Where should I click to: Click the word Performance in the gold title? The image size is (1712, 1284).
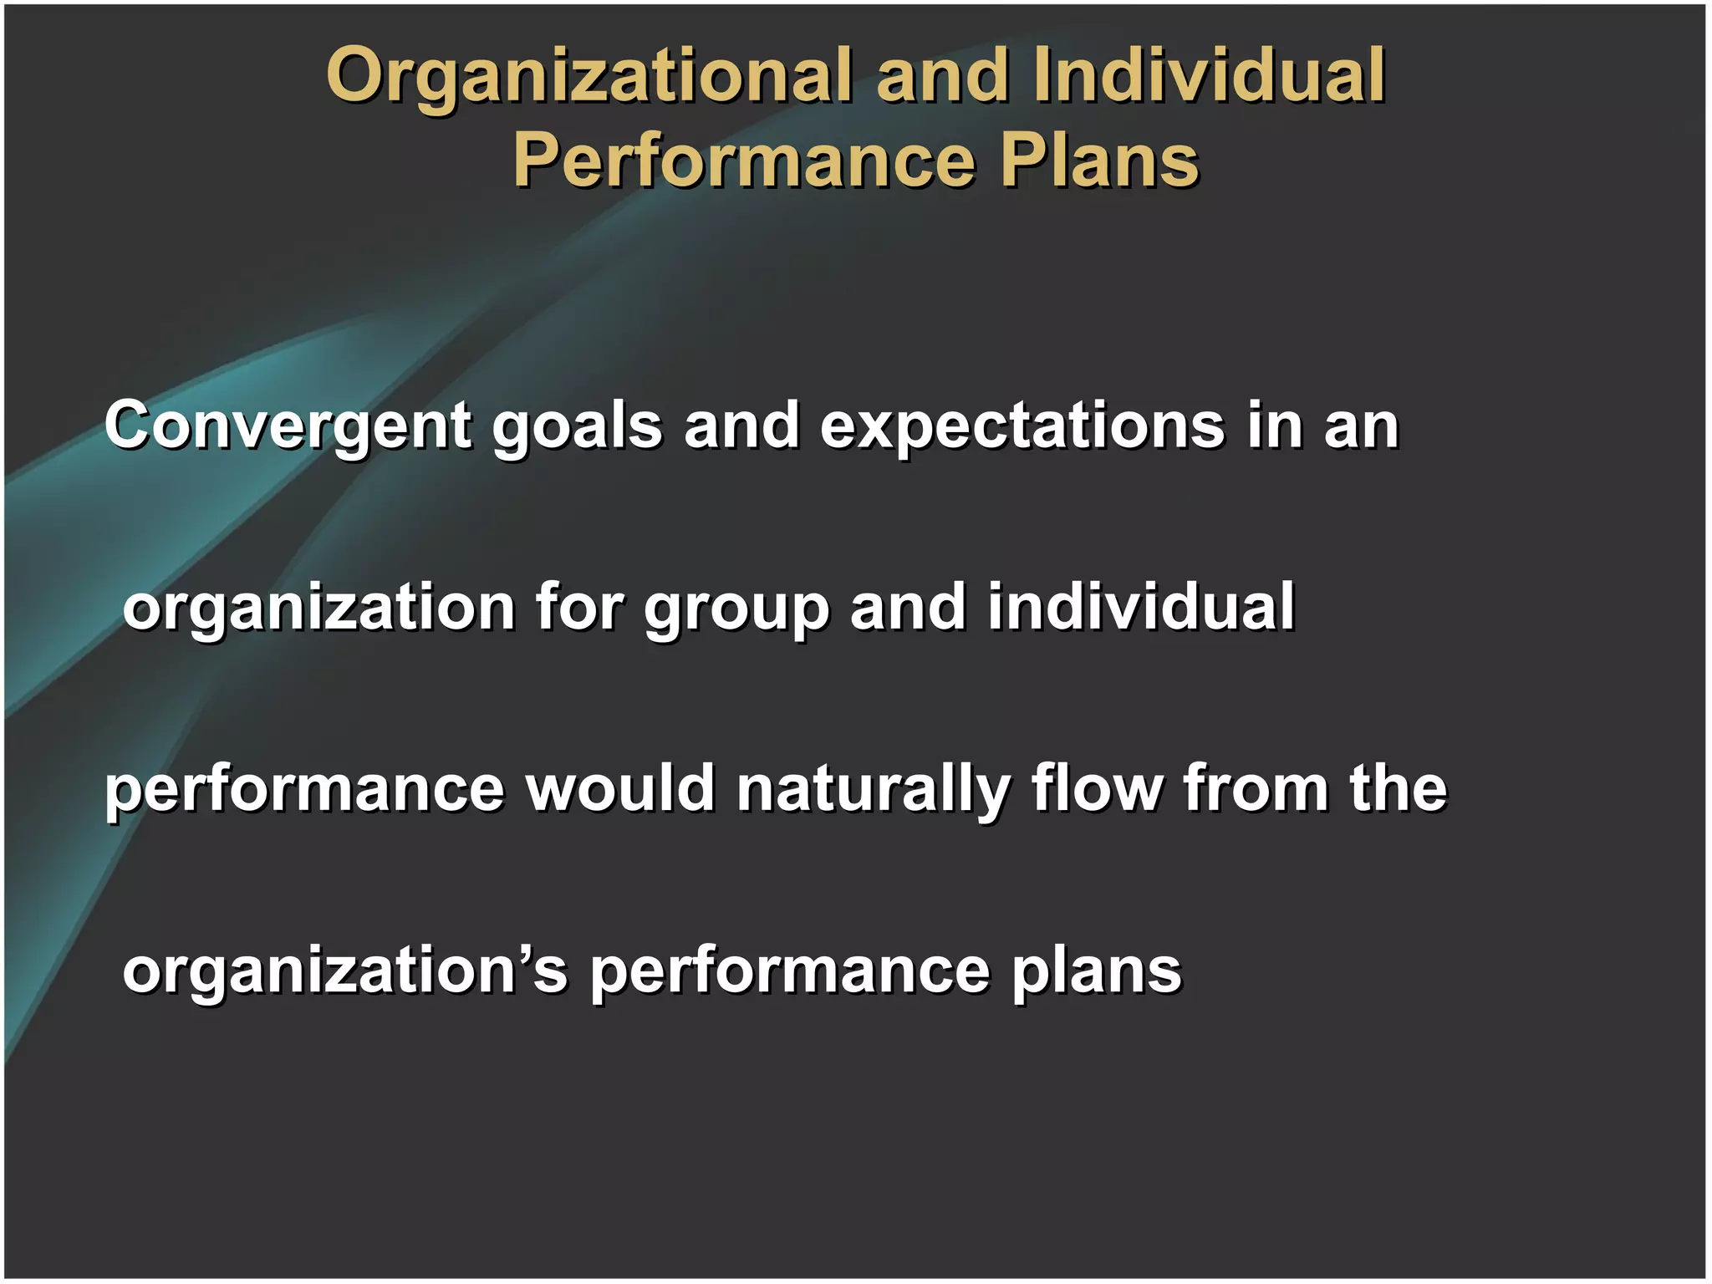click(744, 160)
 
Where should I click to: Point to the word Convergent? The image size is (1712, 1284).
click(288, 426)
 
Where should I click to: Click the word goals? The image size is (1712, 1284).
click(577, 426)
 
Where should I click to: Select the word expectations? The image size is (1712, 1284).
click(1022, 426)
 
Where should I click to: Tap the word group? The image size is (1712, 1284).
click(736, 609)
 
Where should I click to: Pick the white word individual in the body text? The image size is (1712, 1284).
click(1141, 607)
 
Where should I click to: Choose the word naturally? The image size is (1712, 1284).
click(873, 790)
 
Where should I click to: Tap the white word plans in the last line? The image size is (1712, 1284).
click(1096, 971)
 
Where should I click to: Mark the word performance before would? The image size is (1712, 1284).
click(305, 790)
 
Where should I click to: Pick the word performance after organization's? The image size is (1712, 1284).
click(790, 971)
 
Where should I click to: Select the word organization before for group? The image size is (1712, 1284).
click(318, 609)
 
